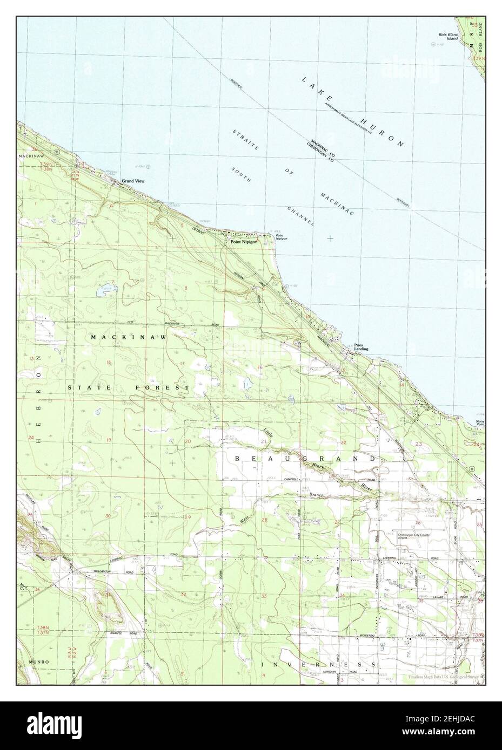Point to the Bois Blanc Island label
[447, 37]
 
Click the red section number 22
[344, 442]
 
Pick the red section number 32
[184, 595]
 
